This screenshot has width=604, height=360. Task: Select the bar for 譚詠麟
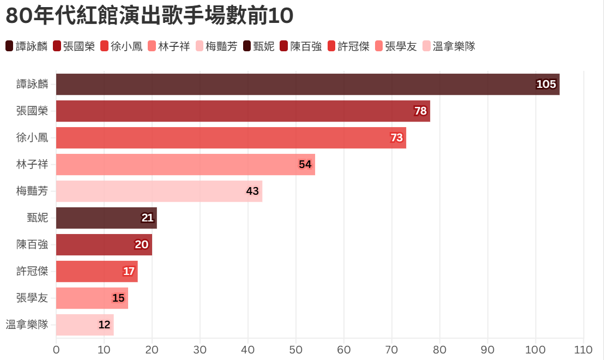tap(307, 84)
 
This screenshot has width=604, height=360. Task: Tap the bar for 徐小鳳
tap(231, 137)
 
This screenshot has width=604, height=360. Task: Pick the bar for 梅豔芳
tap(159, 191)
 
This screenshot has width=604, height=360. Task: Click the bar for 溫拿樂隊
tap(84, 325)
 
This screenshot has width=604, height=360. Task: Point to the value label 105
tap(546, 84)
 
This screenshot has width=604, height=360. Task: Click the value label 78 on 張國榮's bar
tap(420, 111)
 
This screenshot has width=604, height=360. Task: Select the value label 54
tap(305, 164)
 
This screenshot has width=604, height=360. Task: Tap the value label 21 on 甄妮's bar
tap(147, 218)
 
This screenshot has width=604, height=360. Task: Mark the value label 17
tap(129, 271)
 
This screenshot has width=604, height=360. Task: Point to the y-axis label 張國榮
tap(32, 111)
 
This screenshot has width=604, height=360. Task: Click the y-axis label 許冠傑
tap(32, 271)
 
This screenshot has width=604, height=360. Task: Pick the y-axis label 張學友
tap(32, 298)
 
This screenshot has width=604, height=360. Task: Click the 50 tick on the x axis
tap(296, 350)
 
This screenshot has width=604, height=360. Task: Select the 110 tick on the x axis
tap(583, 350)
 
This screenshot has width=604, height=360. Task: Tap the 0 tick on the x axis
tap(56, 350)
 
